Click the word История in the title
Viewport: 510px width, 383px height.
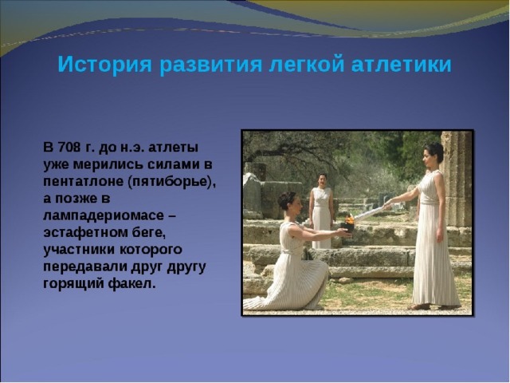pos(104,65)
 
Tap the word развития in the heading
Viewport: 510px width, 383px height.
pos(210,65)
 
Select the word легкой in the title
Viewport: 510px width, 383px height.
pos(306,65)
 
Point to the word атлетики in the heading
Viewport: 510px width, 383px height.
pos(402,65)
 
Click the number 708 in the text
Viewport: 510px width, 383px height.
pos(69,147)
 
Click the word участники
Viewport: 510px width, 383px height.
pos(79,250)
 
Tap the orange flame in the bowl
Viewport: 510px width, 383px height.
pos(349,219)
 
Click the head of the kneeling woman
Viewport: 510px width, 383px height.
pos(287,201)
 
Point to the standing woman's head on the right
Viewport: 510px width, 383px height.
pos(433,154)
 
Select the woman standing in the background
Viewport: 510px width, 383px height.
pos(321,211)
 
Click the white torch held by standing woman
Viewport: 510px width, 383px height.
pos(370,213)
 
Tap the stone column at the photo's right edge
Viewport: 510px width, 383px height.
pos(457,179)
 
